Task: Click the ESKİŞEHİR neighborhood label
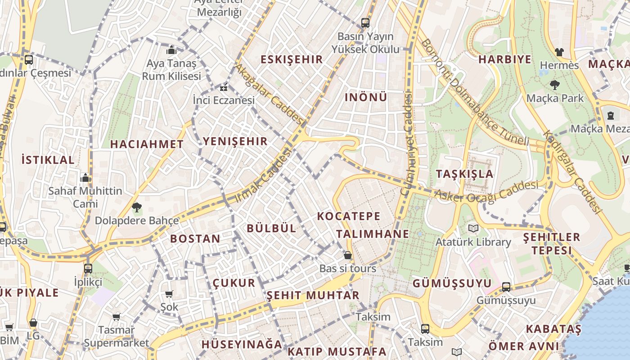point(292,59)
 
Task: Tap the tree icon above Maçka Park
point(555,85)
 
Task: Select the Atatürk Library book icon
point(473,229)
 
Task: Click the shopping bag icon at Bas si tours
point(347,256)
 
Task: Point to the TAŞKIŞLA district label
point(464,174)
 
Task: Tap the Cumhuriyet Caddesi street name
point(407,144)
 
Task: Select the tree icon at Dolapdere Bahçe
point(136,207)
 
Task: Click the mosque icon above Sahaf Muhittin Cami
point(85,178)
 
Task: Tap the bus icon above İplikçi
point(88,269)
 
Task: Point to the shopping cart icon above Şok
point(169,294)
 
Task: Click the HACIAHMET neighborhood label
point(147,144)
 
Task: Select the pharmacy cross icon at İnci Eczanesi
point(224,87)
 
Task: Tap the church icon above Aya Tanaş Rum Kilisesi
point(171,50)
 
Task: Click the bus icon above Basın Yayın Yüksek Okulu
point(365,22)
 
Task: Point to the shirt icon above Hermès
point(559,52)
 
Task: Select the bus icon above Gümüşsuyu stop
point(506,287)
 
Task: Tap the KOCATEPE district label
point(349,216)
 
